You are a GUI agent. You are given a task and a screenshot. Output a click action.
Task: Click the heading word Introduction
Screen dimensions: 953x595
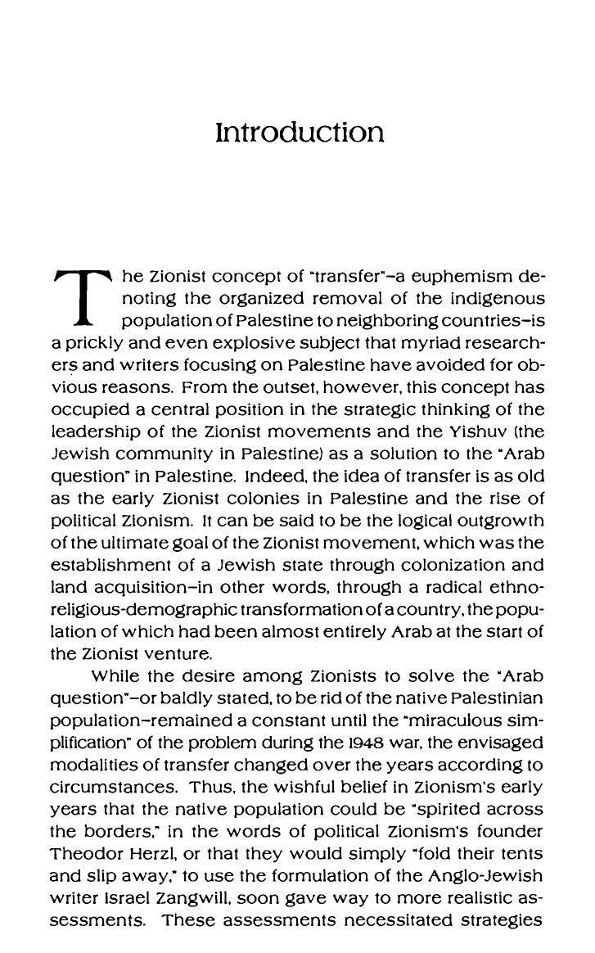tap(299, 133)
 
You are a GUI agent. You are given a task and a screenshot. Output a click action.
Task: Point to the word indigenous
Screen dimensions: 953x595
tap(489, 298)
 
